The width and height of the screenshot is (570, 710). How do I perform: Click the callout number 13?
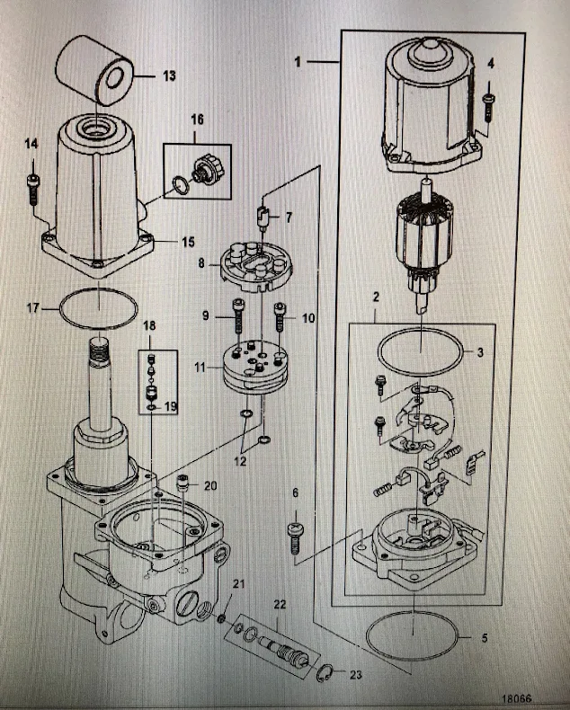tap(169, 76)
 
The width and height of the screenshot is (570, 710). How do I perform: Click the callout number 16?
tap(197, 119)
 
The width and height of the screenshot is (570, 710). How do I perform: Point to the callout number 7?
tap(289, 217)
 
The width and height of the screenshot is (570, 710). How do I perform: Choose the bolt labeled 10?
tap(281, 315)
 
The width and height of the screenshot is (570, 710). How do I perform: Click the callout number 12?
tap(238, 461)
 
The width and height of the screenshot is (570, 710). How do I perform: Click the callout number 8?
tap(203, 263)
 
